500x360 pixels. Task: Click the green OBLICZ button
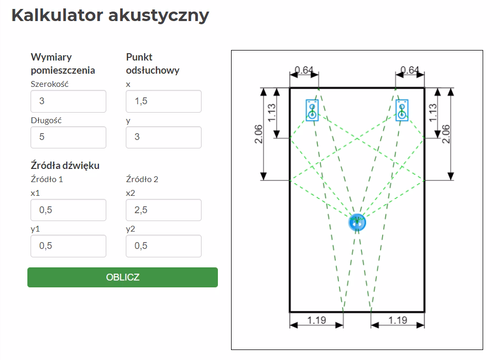tap(122, 277)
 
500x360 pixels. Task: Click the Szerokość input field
tap(68, 101)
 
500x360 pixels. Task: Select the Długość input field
tap(68, 137)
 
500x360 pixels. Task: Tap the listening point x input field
tap(163, 101)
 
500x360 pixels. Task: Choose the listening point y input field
tap(163, 137)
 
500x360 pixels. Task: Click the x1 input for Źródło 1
tap(68, 210)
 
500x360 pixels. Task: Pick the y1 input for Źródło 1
tap(68, 246)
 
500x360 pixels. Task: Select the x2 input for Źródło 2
tap(163, 210)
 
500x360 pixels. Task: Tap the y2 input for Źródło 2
tap(163, 246)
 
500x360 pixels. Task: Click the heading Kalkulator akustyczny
tap(110, 15)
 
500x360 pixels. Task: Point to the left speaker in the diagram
tap(312, 110)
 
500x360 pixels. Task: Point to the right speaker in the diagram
tap(402, 110)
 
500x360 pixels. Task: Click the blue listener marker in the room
tap(357, 223)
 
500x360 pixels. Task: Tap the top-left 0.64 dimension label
tap(304, 70)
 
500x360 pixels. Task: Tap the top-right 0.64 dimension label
tap(410, 70)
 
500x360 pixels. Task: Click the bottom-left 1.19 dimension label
tap(316, 320)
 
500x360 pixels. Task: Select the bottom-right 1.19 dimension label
tap(397, 320)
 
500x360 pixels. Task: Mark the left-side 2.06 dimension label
tap(258, 134)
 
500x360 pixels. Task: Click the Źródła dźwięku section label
tap(65, 165)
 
